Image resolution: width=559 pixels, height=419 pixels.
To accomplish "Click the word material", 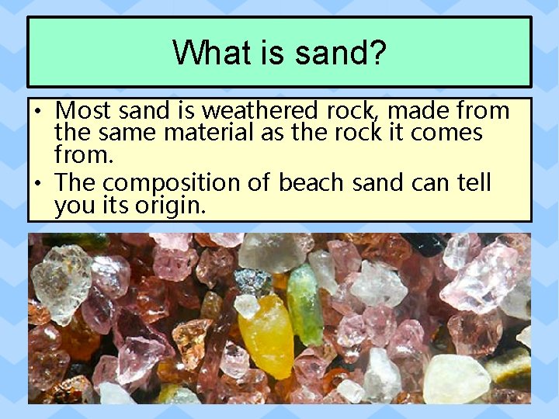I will pyautogui.click(x=208, y=133).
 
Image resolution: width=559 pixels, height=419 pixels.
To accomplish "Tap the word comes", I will pyautogui.click(x=446, y=133).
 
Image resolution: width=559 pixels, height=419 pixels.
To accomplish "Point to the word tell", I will pyautogui.click(x=473, y=183).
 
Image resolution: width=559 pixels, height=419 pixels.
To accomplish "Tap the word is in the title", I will pyautogui.click(x=268, y=54).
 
